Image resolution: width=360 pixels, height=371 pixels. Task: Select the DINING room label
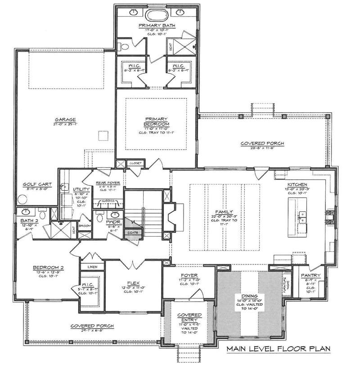coord(249,296)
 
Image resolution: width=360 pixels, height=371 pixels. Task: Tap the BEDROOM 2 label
coord(48,268)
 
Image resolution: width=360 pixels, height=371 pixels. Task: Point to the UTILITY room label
coord(81,190)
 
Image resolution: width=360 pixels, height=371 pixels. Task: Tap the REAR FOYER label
coord(108,183)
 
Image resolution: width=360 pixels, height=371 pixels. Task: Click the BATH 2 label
coord(28,220)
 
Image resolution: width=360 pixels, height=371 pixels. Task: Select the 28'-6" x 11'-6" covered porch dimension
coord(262,149)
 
